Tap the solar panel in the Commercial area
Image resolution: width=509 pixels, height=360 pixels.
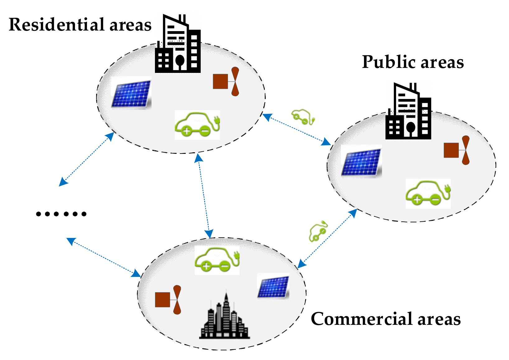(x=273, y=286)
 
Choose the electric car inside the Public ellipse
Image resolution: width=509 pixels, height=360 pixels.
(x=428, y=194)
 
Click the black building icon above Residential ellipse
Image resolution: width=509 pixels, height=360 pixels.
(x=178, y=45)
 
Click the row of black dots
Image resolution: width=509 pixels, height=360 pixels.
(x=61, y=214)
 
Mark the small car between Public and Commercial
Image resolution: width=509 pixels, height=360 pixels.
(x=318, y=231)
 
